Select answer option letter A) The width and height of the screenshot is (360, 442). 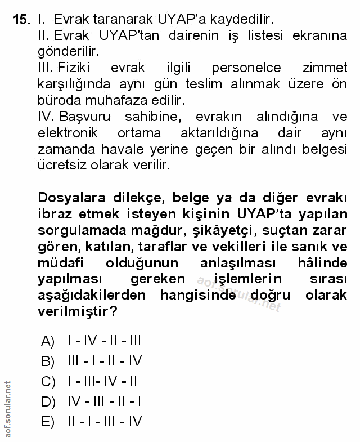coord(48,341)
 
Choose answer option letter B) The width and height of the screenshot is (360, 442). coord(48,361)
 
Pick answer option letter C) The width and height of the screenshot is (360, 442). coord(48,381)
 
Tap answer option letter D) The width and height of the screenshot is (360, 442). coord(48,401)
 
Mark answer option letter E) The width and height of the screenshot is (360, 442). coord(48,422)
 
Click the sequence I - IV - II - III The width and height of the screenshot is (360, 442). coord(103,341)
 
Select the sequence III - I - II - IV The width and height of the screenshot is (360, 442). coord(103,361)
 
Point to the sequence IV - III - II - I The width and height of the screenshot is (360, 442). coord(103,401)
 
